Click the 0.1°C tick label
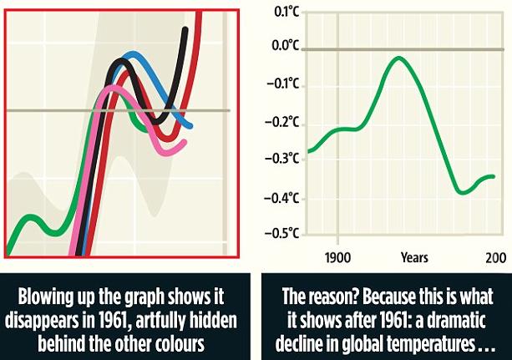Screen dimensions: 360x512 pos(286,12)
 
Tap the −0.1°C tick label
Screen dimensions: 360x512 pos(284,85)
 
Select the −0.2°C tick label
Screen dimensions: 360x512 pos(284,123)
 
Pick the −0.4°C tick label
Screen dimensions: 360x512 pos(284,198)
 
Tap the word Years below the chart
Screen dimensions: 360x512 pos(414,258)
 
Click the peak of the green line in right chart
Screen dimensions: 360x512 pos(400,58)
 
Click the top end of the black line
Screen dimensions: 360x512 pos(185,29)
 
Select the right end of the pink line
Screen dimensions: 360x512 pos(185,141)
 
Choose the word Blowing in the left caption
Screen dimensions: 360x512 pos(52,298)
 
